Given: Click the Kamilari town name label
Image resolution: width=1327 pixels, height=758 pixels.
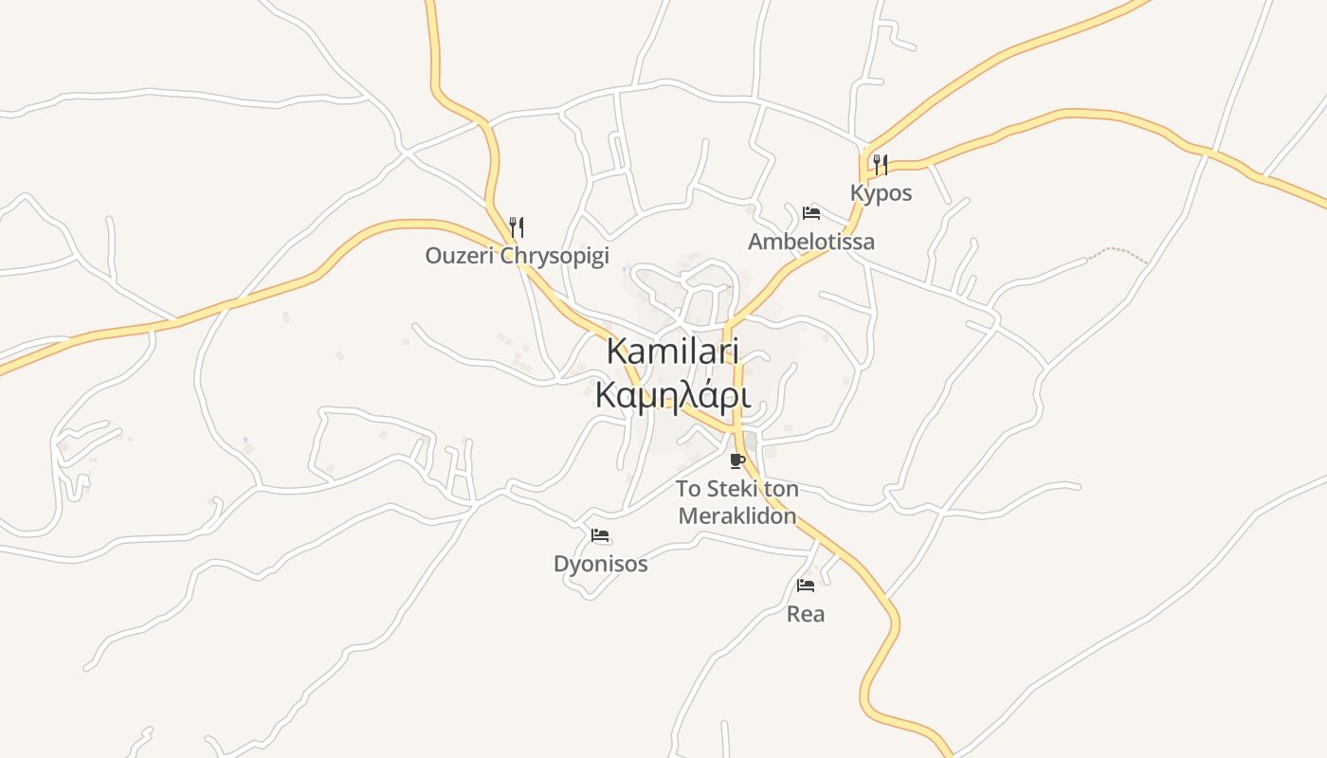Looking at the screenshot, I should coord(672,352).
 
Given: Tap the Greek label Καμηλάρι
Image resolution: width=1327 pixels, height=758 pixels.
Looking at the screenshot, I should coord(672,395).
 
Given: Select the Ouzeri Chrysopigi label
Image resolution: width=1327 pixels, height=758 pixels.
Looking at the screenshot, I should coord(517,256).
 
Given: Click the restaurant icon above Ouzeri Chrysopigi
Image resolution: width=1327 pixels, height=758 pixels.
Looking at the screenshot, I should coord(517,226).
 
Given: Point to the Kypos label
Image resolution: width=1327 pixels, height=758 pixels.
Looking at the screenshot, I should coord(881,193).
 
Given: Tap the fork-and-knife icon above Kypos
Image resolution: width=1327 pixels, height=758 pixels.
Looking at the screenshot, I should coord(881,165).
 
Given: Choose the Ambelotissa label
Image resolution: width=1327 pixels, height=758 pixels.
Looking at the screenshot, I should coord(811,242).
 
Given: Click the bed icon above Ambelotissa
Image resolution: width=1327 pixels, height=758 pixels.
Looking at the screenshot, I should coord(811,212).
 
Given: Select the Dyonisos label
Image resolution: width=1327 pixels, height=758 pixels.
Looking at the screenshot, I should coord(601,565).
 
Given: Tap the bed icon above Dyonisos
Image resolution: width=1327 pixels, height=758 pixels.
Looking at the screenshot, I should coord(600,535).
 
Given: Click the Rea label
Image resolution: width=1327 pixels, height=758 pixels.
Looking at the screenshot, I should coord(806,614).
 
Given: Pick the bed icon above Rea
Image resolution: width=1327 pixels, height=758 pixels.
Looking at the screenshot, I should coord(806,585).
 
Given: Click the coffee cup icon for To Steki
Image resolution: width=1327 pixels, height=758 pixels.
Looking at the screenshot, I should coord(737,461).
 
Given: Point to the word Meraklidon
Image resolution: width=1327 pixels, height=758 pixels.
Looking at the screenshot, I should coord(736,516).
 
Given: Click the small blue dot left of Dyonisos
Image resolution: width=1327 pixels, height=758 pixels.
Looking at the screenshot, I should coord(245,440).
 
